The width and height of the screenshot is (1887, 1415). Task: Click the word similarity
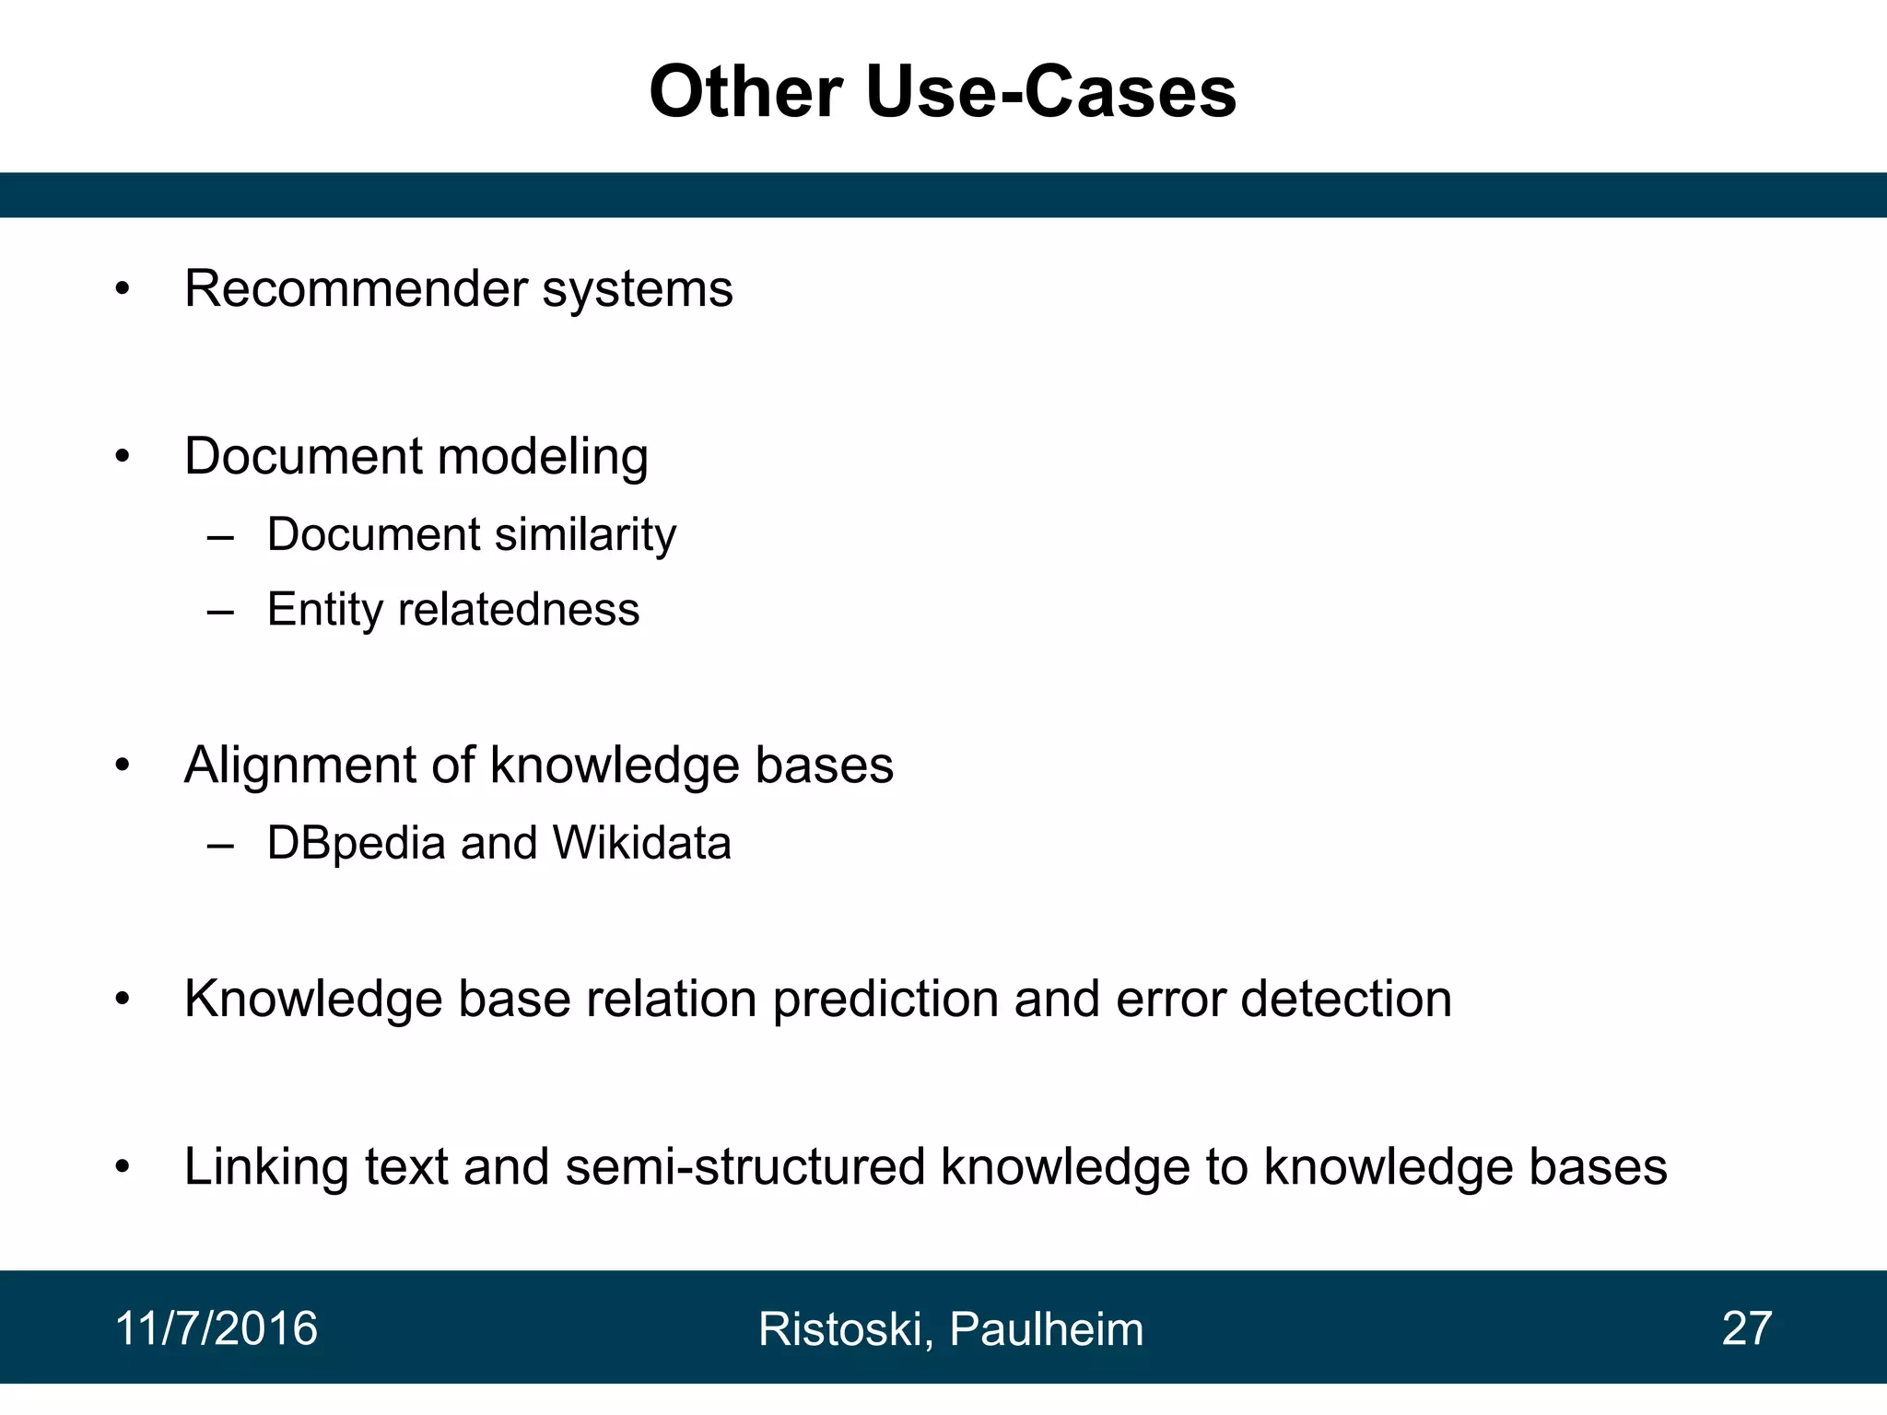[585, 535]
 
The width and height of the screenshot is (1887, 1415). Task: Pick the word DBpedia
[356, 844]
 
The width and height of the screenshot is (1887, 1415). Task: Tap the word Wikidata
[641, 843]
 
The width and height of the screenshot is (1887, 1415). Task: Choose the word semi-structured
[744, 1166]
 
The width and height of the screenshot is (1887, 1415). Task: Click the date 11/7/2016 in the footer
[217, 1328]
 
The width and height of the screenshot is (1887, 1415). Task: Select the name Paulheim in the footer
[1046, 1329]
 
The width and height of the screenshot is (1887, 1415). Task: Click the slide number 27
[1746, 1328]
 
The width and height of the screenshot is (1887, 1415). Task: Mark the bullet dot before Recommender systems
[123, 290]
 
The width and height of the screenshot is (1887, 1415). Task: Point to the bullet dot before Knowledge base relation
[123, 1000]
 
